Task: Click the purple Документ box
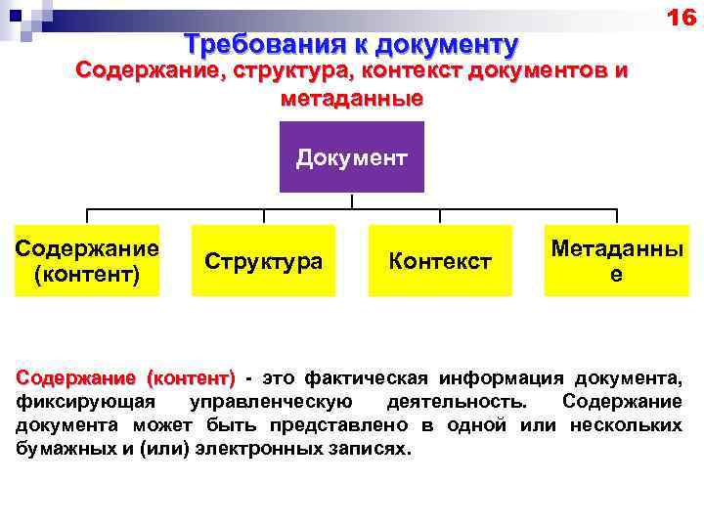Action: tap(352, 157)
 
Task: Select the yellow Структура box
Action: tap(264, 261)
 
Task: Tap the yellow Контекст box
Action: tap(440, 261)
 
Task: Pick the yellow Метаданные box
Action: tap(615, 261)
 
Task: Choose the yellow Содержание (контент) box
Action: tap(88, 261)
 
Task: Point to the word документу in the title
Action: tap(446, 45)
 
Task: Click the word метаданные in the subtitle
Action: tap(352, 98)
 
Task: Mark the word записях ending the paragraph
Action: tap(373, 449)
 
